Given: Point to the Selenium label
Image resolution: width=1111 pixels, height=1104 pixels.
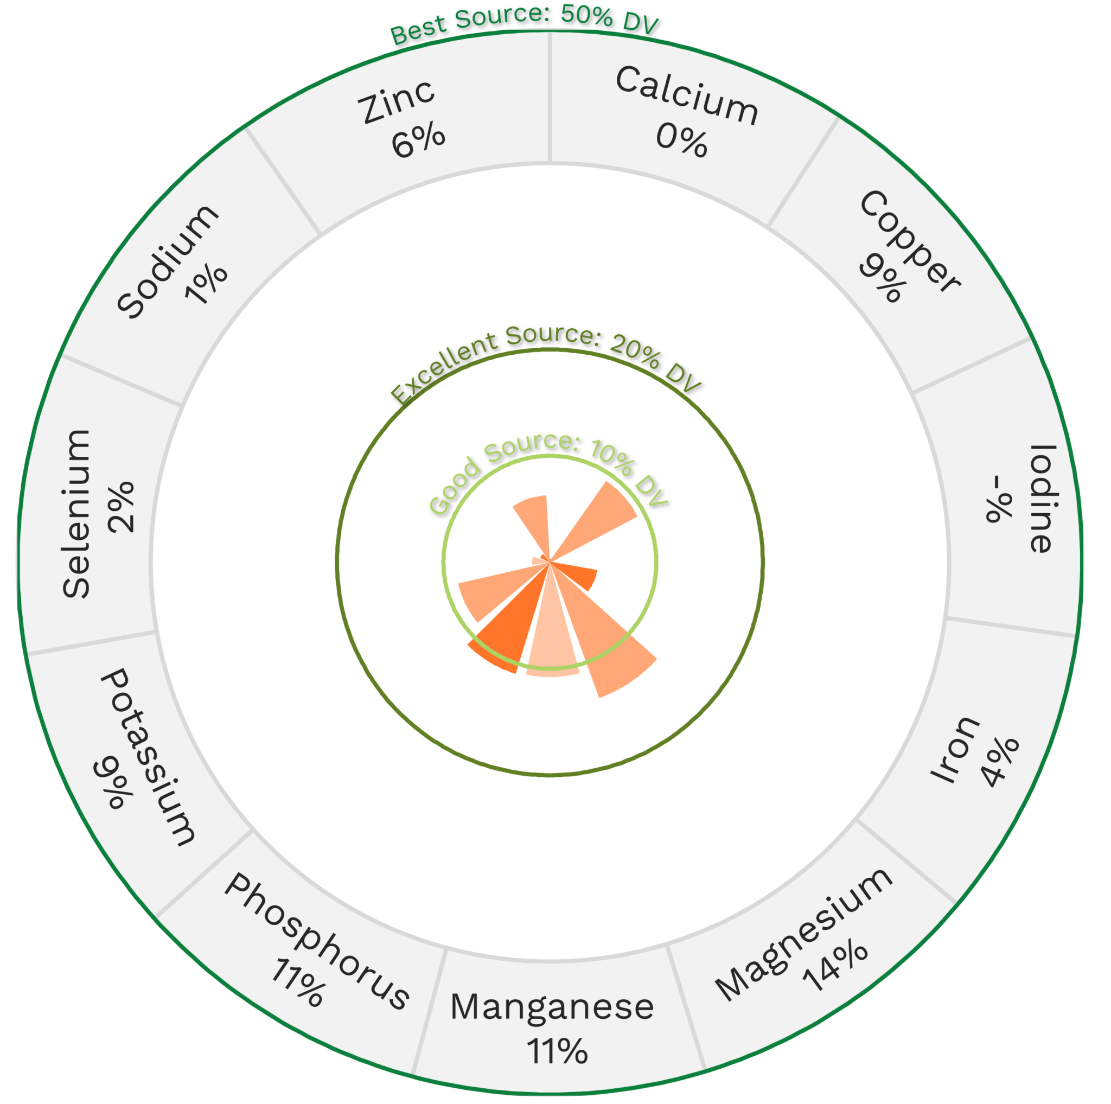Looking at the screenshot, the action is click(76, 513).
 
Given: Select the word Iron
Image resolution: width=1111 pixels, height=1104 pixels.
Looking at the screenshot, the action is click(955, 749).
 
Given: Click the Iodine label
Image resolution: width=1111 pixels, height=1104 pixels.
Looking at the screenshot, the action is click(1042, 499).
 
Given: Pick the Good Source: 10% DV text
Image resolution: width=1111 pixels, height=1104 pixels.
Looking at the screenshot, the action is click(548, 469).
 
